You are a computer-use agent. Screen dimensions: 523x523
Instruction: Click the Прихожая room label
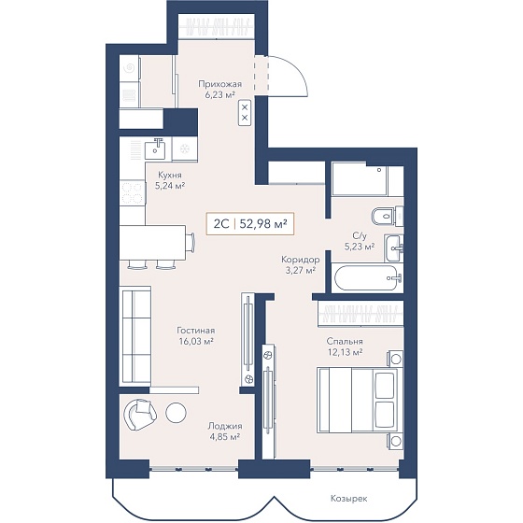click(x=219, y=84)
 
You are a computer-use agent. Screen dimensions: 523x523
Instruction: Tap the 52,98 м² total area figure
click(x=263, y=224)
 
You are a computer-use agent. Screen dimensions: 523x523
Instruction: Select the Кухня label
click(x=170, y=176)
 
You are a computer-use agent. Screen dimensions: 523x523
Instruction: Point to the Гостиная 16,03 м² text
click(x=196, y=336)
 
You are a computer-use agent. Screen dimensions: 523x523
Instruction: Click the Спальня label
click(x=345, y=341)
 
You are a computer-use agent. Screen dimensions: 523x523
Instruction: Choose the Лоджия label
click(x=225, y=426)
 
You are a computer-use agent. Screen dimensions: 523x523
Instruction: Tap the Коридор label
click(x=301, y=260)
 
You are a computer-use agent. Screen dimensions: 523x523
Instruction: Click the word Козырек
click(x=349, y=499)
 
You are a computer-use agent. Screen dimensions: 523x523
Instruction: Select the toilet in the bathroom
click(x=387, y=216)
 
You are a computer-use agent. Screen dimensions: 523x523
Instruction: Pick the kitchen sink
click(x=155, y=149)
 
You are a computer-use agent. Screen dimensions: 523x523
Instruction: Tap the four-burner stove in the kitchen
click(x=133, y=193)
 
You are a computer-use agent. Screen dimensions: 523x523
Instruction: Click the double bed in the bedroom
click(x=357, y=401)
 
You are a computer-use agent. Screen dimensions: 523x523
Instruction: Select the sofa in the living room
click(x=135, y=335)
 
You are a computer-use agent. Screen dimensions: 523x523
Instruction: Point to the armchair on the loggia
click(x=140, y=415)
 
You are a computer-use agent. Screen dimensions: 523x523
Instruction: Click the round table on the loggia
click(x=176, y=413)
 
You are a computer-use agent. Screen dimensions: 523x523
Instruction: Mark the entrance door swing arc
click(x=294, y=70)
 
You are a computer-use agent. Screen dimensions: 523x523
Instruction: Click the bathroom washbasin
click(x=394, y=247)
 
